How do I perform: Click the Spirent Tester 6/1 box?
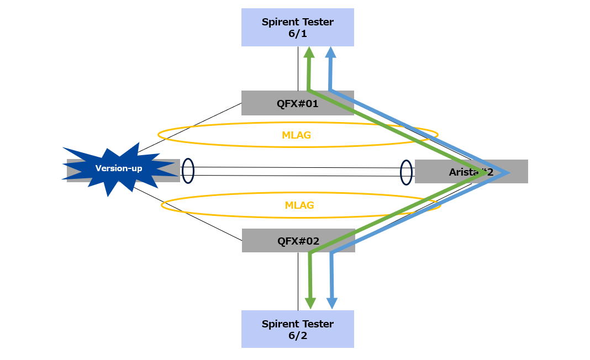tap(297, 27)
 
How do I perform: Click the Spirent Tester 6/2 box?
tap(297, 329)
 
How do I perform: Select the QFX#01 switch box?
tap(276, 103)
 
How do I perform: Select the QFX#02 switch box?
tap(276, 241)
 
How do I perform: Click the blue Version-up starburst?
tap(119, 168)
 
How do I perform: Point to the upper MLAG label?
tap(297, 135)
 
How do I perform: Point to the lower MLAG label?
tap(299, 205)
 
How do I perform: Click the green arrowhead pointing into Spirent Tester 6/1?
tap(309, 52)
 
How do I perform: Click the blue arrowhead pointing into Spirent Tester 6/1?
tap(330, 52)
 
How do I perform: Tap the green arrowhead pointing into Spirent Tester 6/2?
tap(310, 303)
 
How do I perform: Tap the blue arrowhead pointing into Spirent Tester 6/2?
tap(332, 303)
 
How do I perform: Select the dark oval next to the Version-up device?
tap(188, 171)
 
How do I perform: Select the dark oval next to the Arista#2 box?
tap(407, 172)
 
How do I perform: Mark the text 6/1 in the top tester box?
tap(297, 34)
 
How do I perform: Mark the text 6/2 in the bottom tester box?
tap(297, 336)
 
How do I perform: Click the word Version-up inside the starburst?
tap(119, 168)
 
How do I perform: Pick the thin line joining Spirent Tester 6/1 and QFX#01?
tap(298, 68)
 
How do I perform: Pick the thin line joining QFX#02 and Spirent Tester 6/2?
tap(298, 282)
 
